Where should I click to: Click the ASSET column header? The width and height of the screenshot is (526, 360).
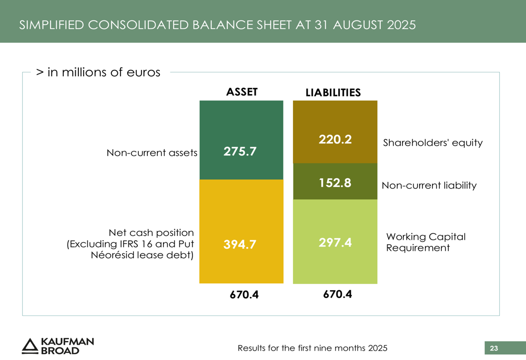tap(241, 92)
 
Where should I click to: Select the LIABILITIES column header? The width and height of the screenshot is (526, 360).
tap(333, 92)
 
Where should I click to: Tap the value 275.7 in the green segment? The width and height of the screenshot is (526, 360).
tap(240, 152)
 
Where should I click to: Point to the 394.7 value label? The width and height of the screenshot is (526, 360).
tap(239, 244)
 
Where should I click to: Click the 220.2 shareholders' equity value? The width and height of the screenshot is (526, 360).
tap(335, 140)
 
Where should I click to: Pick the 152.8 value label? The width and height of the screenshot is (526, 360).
tap(335, 183)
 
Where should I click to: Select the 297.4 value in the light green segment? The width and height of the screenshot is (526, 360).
tap(335, 242)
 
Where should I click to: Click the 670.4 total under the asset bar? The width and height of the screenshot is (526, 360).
tap(244, 295)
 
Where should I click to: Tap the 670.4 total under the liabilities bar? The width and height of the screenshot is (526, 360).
tap(337, 294)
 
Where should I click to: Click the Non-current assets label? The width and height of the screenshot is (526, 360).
tap(152, 153)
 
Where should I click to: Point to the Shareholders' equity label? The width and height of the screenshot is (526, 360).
tap(432, 143)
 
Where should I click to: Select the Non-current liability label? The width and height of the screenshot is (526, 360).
tap(429, 186)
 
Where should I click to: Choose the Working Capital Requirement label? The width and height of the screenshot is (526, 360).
tap(426, 242)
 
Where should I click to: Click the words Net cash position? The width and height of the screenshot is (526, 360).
tap(151, 232)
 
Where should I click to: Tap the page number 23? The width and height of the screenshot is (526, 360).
tap(494, 348)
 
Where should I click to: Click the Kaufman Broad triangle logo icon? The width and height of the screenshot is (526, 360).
tap(30, 345)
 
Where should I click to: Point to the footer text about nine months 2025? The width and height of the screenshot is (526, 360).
tap(312, 348)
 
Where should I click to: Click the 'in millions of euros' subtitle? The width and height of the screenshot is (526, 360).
tap(98, 73)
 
